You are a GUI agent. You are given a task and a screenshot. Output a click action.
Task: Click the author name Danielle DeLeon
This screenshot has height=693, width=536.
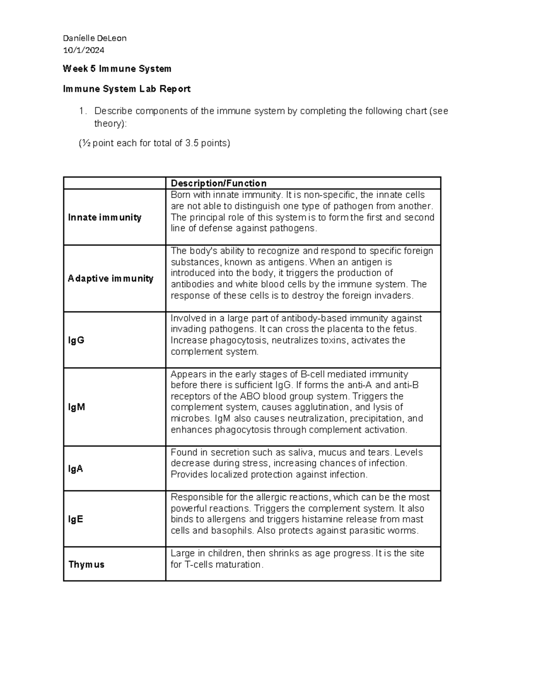coord(95,38)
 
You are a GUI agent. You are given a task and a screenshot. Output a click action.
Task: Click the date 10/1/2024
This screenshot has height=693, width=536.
coord(84,50)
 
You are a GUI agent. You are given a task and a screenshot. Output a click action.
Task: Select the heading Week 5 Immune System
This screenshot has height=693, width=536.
coord(117,69)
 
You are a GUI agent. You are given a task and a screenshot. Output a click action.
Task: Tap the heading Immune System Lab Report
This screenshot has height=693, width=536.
coord(127,89)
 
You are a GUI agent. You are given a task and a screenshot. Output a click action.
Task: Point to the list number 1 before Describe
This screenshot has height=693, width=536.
coord(81,111)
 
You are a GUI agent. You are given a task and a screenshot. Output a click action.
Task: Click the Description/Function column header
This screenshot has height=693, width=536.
coord(218,183)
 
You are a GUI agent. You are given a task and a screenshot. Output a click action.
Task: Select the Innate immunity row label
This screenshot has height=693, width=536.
coord(105,217)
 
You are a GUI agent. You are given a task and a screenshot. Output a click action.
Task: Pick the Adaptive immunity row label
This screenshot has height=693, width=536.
coord(110,278)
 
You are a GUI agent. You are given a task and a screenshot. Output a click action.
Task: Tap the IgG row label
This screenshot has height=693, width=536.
coord(76,340)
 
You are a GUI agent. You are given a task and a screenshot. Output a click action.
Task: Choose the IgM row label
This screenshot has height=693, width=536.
coord(76,407)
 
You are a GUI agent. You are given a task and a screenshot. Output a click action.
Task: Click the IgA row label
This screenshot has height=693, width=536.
coord(75,469)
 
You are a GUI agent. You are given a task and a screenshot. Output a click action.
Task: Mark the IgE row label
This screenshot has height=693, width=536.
coord(75,519)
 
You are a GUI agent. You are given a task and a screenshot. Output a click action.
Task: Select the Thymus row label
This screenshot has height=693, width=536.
coord(86,564)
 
